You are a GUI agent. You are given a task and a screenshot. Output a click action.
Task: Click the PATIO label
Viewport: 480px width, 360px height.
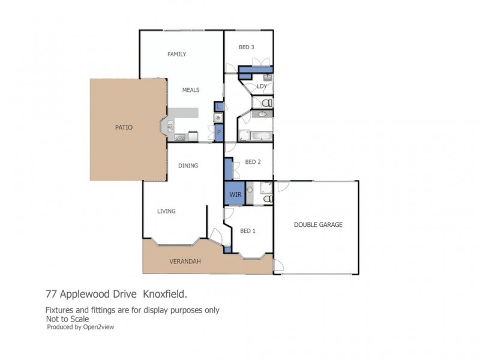point(124,127)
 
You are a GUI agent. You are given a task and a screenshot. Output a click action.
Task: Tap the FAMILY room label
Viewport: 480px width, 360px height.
point(176,55)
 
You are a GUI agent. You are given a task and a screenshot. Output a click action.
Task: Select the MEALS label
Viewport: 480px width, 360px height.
point(191,90)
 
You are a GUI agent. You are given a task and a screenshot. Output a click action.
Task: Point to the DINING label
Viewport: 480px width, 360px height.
point(188,166)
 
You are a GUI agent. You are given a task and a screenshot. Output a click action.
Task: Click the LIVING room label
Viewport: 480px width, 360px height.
point(166,211)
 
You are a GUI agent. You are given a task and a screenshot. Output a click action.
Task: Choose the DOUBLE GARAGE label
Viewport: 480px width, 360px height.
point(318,225)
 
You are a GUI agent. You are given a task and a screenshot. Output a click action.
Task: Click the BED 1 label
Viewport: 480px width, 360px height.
point(248,230)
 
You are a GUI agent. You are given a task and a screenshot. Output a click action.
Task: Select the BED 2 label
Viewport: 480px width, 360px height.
point(253,161)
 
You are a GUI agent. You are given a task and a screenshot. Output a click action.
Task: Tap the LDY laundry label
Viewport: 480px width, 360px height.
point(262,86)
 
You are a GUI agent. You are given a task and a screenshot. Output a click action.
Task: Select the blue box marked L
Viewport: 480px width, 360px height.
point(219,106)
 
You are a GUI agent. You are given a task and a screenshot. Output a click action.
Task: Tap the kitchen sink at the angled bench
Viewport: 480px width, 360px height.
point(170,127)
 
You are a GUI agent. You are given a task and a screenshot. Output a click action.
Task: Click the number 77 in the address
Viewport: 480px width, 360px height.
point(52,295)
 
